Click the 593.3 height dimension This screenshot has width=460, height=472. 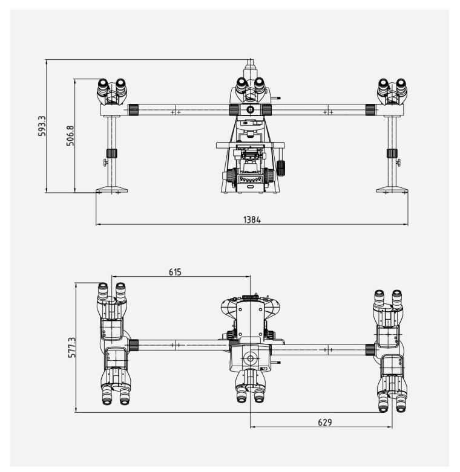click(42, 126)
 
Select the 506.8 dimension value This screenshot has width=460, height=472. click(70, 136)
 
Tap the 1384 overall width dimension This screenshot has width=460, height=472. click(252, 220)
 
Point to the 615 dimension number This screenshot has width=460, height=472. click(175, 272)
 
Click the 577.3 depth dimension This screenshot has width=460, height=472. click(72, 348)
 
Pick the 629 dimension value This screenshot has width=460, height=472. click(324, 422)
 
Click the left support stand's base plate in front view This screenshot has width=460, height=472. click(111, 190)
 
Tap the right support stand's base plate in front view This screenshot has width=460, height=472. click(392, 190)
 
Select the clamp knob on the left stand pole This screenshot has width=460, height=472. click(112, 154)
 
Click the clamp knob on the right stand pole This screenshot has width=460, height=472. click(392, 154)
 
